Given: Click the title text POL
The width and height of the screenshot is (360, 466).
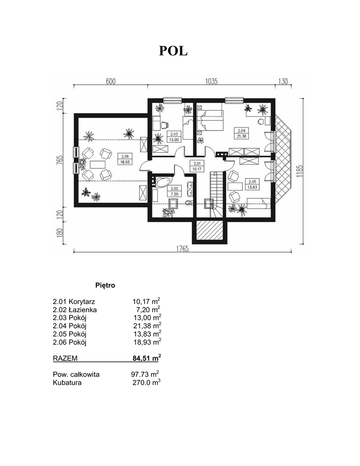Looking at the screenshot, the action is pos(173,51).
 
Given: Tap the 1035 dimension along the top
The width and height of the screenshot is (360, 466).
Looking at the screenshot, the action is pos(211,81).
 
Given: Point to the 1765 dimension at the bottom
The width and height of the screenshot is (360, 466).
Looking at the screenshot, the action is pos(182,249).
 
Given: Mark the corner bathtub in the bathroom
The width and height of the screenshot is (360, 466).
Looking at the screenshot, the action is pos(161,182).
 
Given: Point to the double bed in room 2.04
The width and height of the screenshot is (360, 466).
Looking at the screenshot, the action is pos(210,120).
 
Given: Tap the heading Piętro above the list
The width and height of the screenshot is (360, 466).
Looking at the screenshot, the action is pos(105,285).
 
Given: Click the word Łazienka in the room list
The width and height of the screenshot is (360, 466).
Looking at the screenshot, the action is pos(83,309).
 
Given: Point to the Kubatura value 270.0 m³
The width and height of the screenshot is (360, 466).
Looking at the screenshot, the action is pos(147,382).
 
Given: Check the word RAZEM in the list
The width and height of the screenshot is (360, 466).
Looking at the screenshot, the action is pos(65,359).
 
